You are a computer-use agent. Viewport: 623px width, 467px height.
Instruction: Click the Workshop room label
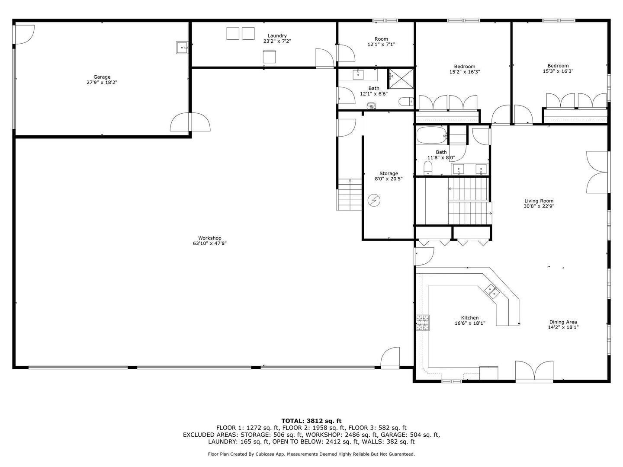(210, 238)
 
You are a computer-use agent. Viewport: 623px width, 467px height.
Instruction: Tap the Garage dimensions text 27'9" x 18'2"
(102, 82)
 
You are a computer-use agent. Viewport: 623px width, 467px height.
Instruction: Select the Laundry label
(277, 36)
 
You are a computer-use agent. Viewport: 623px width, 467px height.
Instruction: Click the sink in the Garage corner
(182, 48)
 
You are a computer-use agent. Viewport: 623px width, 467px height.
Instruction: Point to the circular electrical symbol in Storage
(374, 200)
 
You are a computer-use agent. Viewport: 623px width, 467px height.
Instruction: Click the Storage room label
(389, 173)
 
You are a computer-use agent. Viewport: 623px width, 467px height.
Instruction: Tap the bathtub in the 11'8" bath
(431, 136)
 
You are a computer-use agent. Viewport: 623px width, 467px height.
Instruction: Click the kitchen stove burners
(423, 323)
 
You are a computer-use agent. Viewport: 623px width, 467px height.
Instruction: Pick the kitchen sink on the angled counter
(492, 291)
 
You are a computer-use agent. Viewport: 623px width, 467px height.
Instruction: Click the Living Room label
(539, 201)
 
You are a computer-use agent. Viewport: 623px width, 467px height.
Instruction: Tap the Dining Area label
(563, 322)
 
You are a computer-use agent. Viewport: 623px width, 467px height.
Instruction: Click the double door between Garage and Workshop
(190, 122)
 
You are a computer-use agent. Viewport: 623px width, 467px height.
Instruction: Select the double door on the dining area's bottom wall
(534, 372)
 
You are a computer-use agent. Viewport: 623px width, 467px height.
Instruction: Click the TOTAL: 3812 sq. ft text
(311, 420)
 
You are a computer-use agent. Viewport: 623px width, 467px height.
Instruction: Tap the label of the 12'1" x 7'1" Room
(381, 39)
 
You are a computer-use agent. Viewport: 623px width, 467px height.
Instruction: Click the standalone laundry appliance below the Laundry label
(269, 57)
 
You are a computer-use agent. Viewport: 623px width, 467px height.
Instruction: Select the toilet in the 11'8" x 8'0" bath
(428, 168)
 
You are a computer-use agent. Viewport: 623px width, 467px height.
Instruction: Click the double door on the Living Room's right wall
(598, 172)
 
